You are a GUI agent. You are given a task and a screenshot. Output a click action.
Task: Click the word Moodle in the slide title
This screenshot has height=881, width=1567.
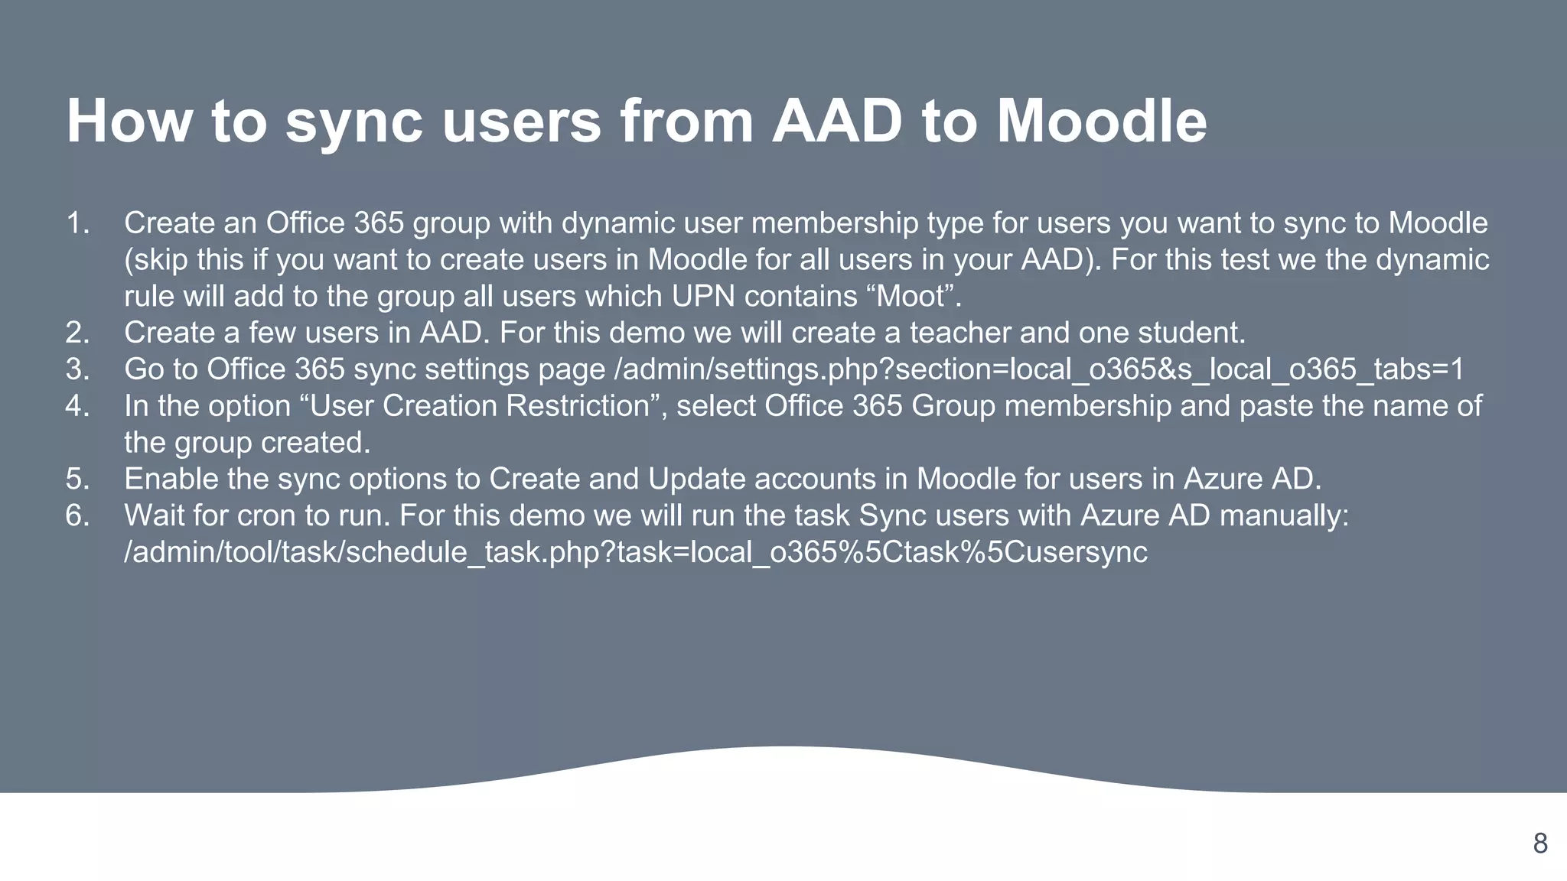1101,121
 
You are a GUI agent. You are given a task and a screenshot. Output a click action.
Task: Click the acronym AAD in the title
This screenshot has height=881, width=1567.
837,121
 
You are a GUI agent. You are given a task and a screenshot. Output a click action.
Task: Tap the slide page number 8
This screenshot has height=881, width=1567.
1540,844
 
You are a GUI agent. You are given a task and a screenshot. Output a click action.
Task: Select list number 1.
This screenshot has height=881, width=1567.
77,223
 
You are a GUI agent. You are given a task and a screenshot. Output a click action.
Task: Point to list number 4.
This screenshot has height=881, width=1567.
77,406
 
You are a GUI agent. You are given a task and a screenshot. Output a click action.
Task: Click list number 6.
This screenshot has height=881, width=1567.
77,515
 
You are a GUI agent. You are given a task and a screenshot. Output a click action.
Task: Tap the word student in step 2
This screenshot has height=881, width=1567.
1190,333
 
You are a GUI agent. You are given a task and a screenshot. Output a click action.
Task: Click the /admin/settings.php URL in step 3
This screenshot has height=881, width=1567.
1039,369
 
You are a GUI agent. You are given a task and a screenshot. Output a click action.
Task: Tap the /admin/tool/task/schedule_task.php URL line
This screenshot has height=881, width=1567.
635,552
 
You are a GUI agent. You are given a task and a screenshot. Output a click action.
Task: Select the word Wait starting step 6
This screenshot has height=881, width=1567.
154,515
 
